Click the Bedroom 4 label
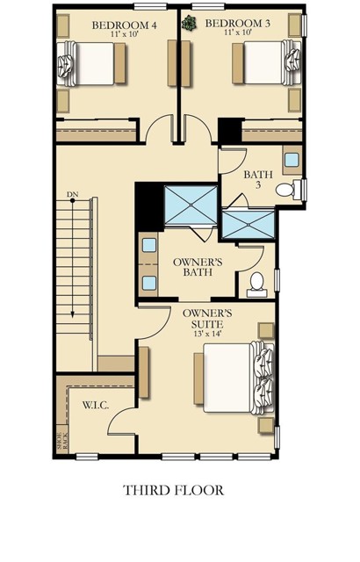(x=125, y=25)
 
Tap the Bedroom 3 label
(x=237, y=24)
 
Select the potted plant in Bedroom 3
(x=189, y=24)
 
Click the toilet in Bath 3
(x=289, y=190)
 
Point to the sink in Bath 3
(x=292, y=160)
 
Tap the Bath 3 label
(x=258, y=180)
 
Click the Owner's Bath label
(x=198, y=267)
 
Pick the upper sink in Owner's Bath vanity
(x=149, y=245)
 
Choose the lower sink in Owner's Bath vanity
(x=149, y=284)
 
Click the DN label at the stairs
(x=72, y=195)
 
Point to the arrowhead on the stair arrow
(x=72, y=314)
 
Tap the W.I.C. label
(x=96, y=406)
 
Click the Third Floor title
(x=174, y=490)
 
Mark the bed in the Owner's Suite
(x=234, y=378)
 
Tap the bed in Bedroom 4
(x=91, y=64)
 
